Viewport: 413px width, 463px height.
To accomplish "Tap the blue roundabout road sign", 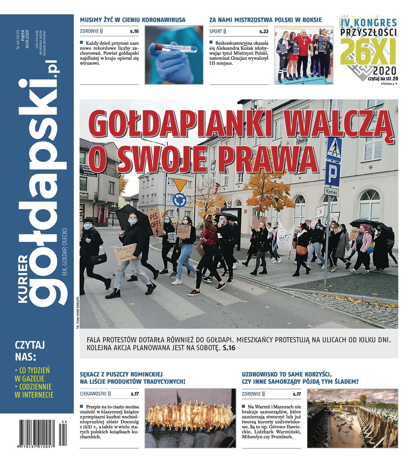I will [x=179, y=199].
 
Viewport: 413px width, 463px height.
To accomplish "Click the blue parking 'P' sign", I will [x=332, y=173].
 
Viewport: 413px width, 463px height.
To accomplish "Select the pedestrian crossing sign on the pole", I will [x=334, y=149].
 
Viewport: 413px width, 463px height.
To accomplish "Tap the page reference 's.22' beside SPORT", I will [x=264, y=31].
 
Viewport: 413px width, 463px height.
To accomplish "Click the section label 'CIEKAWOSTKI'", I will [x=93, y=394].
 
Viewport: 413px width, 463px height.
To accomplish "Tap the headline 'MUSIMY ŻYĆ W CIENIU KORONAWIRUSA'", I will [x=132, y=20].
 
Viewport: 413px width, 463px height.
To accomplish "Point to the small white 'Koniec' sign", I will [x=331, y=192].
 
